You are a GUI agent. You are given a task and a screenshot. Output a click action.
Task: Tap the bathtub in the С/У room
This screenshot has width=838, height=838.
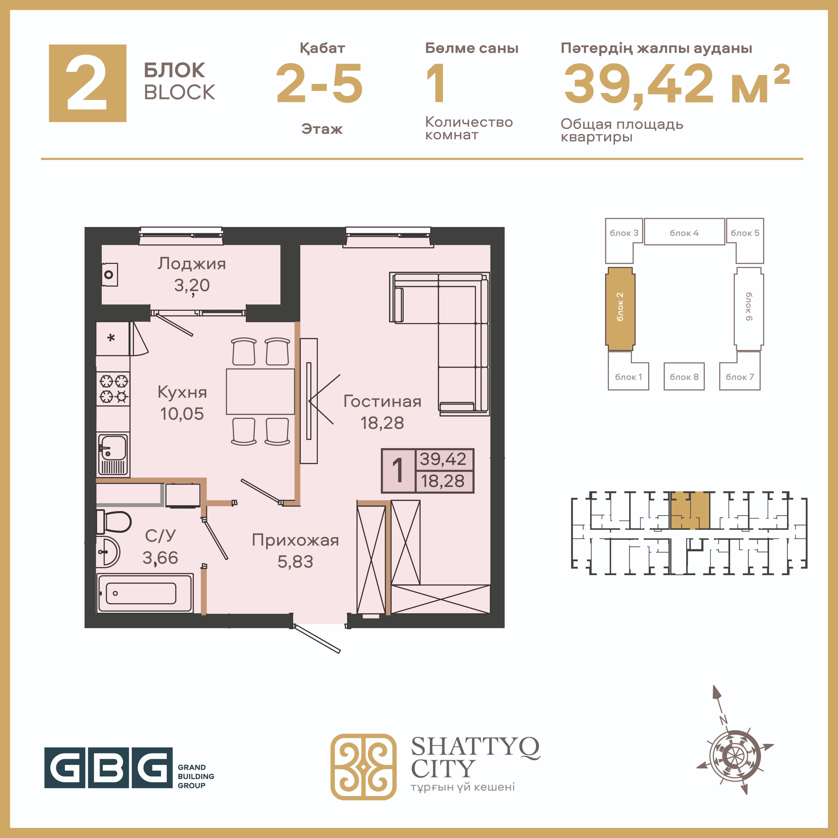click(x=145, y=593)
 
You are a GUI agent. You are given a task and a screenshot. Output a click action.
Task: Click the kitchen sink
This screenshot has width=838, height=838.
click(x=113, y=454)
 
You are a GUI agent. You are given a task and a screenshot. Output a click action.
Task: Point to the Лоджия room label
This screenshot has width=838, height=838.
click(x=192, y=264)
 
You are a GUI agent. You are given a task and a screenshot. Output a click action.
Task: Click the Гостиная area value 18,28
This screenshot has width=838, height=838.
click(x=382, y=423)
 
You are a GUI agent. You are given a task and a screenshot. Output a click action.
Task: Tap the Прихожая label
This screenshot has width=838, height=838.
click(x=295, y=540)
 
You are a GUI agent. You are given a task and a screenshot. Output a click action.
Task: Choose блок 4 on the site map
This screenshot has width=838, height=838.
click(x=684, y=232)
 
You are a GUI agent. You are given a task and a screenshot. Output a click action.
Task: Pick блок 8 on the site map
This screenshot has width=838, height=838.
click(x=684, y=376)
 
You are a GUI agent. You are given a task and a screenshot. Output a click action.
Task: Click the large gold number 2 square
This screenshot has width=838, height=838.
click(x=88, y=83)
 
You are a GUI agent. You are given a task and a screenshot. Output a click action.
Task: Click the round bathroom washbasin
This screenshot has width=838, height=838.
click(x=107, y=552)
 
